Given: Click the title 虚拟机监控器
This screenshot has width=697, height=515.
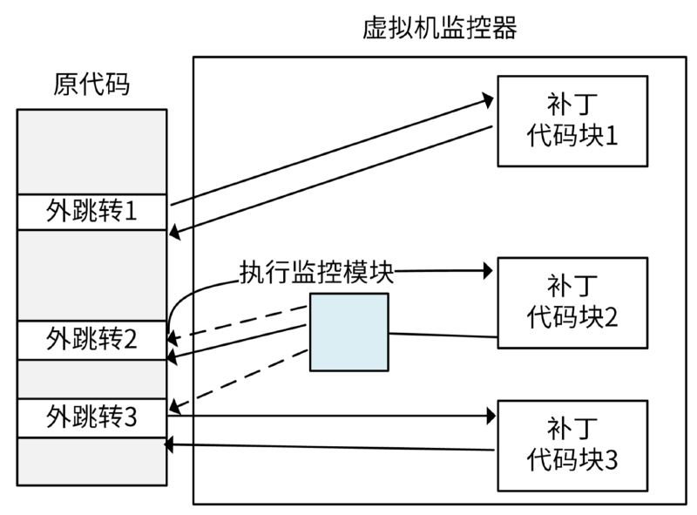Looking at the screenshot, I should coord(439,28).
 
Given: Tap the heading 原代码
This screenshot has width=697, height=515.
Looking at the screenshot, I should coord(91,85).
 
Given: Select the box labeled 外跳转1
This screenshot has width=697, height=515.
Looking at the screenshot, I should coord(91,211).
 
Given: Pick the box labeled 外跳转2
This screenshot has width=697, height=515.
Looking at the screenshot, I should coord(91,337).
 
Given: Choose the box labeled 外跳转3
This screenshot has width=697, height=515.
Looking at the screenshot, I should coord(91,416).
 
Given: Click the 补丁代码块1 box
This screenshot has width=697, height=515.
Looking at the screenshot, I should coord(572,120).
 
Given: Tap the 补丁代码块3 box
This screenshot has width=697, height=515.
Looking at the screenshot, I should coord(572,444).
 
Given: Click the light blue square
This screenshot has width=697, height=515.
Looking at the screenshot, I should coord(348,331).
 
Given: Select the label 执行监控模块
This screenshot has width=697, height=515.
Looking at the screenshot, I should coord(316,273).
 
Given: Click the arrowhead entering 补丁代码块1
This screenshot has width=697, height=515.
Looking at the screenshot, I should coord(490,99).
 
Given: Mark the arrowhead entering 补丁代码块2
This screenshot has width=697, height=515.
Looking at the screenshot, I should coord(490,271).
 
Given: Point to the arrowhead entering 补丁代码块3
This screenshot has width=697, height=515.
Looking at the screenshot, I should coord(490,417).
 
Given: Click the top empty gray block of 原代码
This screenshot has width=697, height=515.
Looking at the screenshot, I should coord(91,151).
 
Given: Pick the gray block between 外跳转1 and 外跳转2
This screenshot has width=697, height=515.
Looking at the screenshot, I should coord(91,274).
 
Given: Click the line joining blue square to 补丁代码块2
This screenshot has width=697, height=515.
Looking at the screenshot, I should coord(443,335).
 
